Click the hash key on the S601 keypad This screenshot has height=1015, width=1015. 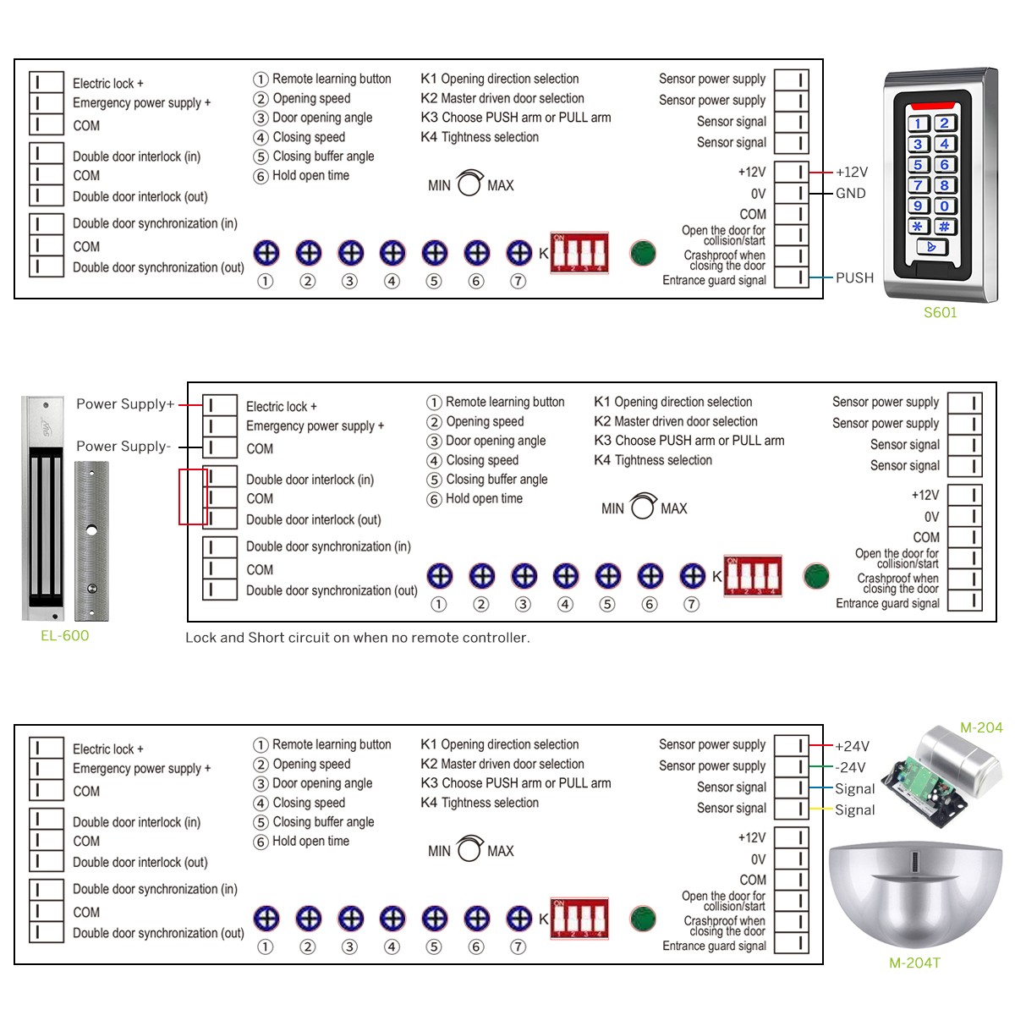(x=945, y=227)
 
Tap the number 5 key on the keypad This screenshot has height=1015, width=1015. (x=919, y=165)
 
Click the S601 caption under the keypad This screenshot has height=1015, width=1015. (x=940, y=312)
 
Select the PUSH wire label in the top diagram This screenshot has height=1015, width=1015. (x=854, y=277)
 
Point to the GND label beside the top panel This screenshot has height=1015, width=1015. (x=850, y=193)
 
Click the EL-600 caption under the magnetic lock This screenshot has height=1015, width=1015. (x=64, y=635)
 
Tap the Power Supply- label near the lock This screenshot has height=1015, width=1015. (x=123, y=446)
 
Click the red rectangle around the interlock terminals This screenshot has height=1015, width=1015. (x=193, y=497)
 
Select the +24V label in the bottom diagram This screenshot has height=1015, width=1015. (x=852, y=746)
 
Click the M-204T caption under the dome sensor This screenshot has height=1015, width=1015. (x=914, y=963)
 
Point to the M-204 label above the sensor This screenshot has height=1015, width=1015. (x=980, y=727)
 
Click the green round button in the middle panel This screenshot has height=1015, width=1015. (x=816, y=576)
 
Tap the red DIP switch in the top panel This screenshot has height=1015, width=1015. (x=579, y=252)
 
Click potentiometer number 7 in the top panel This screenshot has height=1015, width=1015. (x=518, y=252)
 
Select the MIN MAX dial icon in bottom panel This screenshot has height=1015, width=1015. (x=470, y=849)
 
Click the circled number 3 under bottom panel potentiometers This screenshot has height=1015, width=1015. (x=349, y=946)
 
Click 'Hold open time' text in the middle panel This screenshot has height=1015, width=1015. (x=484, y=499)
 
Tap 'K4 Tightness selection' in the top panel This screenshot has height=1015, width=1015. (x=480, y=137)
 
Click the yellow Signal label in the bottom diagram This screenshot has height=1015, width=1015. (x=854, y=809)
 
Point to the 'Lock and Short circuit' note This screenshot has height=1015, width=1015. (x=357, y=638)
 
